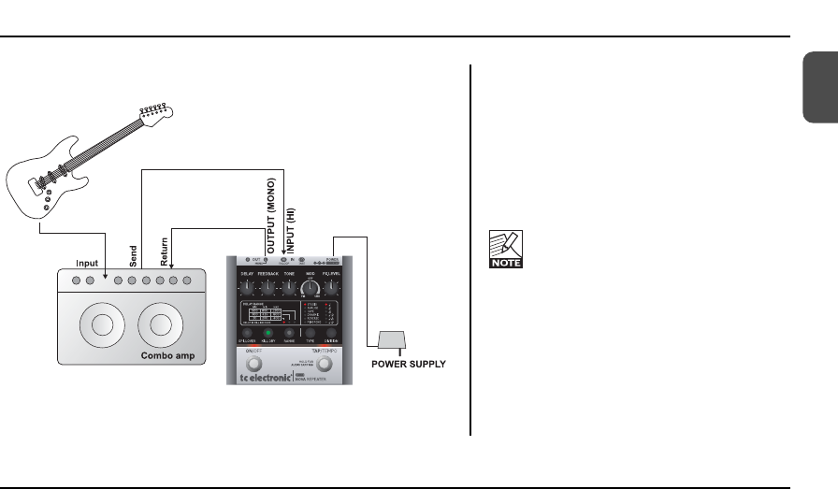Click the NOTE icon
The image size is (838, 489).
(505, 250)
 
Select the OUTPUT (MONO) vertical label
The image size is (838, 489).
(271, 215)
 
